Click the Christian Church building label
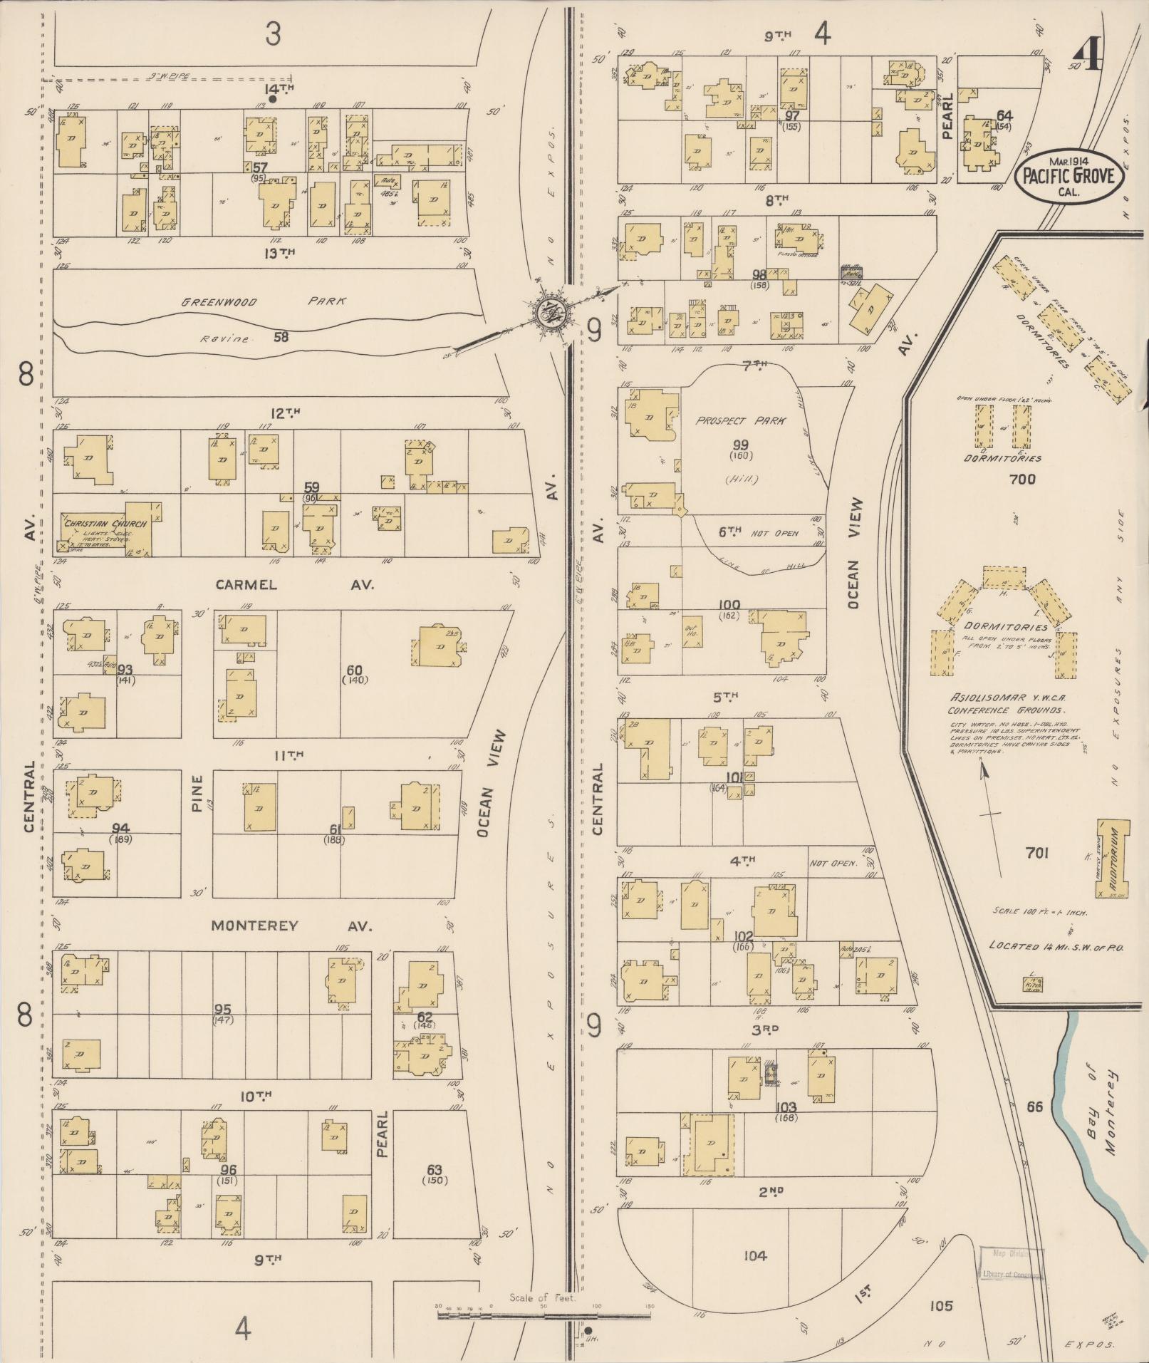[x=105, y=524]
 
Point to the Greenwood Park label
[x=262, y=301]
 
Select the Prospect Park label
[x=740, y=420]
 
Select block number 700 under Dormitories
[x=1021, y=480]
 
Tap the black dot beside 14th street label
[x=272, y=100]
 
